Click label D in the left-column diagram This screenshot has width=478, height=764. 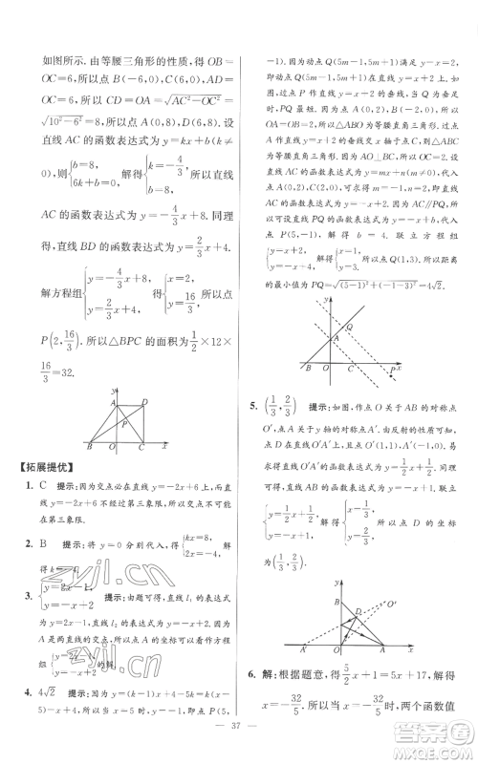tap(144, 402)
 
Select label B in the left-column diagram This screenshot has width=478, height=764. tap(90, 447)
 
